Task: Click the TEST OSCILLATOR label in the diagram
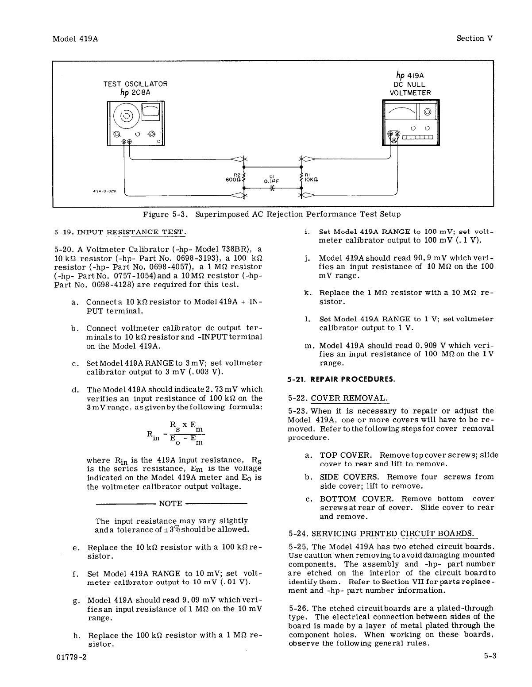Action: point(135,84)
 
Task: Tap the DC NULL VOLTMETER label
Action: point(410,89)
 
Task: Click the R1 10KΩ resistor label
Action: point(311,178)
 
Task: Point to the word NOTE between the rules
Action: point(170,503)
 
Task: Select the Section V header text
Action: point(474,39)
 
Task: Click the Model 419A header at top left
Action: point(75,39)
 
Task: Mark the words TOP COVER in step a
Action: point(345,455)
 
